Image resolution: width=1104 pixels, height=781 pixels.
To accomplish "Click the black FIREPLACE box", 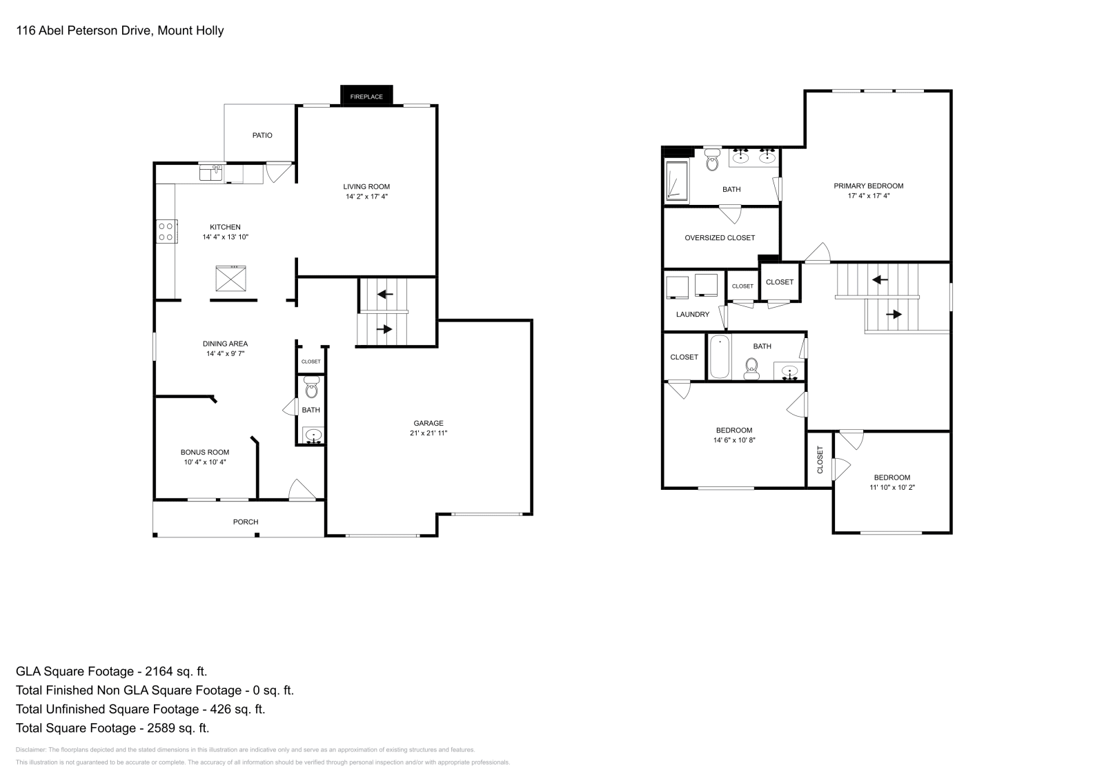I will pos(366,96).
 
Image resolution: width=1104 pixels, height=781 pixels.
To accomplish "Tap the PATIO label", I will pos(262,135).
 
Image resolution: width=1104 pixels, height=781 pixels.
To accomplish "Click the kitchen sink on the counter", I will pos(211,172).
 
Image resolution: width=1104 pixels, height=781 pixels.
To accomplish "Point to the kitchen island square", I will pos(231,279).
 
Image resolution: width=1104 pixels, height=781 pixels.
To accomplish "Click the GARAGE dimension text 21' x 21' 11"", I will pos(428,433).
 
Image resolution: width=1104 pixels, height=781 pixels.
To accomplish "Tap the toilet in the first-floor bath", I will pos(311,388).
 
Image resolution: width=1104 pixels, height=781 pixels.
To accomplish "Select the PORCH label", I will pos(245,522).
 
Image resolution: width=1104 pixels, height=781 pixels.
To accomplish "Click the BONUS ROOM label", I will pos(205,453).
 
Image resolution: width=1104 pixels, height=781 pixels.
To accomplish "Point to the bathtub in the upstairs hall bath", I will pos(720,357).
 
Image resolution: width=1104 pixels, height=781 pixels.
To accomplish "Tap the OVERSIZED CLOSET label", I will pos(720,237).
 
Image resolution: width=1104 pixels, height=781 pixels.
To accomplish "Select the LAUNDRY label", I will pos(692,315).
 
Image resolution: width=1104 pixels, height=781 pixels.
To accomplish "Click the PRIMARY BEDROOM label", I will pos(868,186).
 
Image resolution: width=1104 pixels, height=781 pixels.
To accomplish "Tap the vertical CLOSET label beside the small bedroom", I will pos(820,459).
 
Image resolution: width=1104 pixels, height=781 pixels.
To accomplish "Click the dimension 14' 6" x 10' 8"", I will pos(734,440).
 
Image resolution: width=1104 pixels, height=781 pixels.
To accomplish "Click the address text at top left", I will pos(120,30).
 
